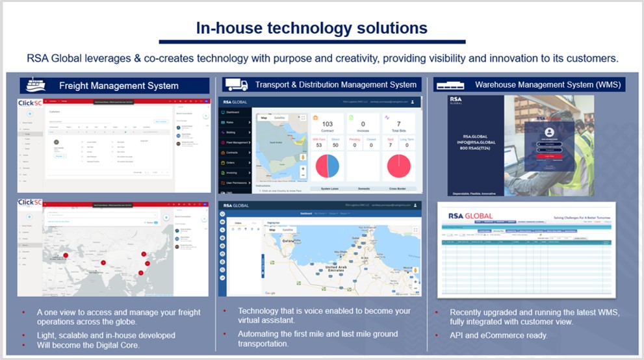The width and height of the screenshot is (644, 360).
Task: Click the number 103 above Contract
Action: coord(328,123)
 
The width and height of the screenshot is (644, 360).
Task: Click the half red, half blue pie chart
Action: coord(328,166)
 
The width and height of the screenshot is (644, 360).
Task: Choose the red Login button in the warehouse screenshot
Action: coord(549,156)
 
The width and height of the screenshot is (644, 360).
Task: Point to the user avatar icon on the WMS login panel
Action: coord(549,132)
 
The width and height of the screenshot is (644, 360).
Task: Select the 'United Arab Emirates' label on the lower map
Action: coord(339,269)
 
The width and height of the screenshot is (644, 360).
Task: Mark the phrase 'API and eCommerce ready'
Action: coord(498,335)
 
